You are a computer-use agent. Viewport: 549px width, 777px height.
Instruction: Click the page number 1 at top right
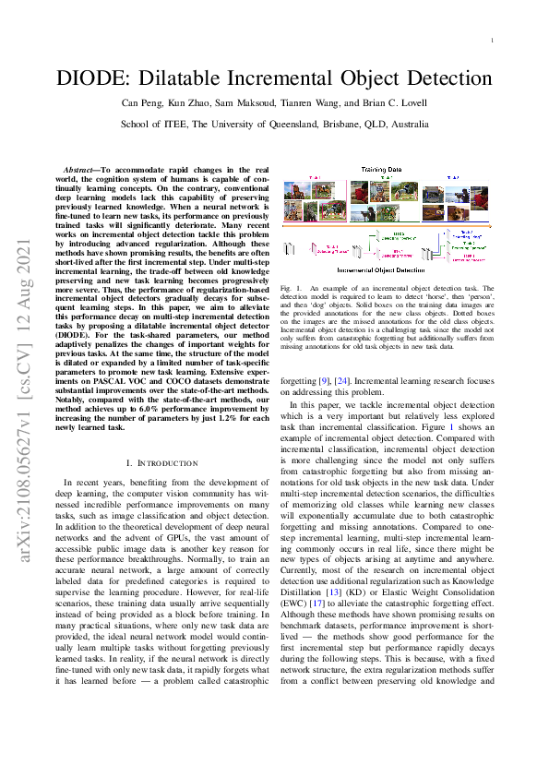[x=491, y=41]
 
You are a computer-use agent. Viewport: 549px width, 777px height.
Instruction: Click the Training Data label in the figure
[x=381, y=170]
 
